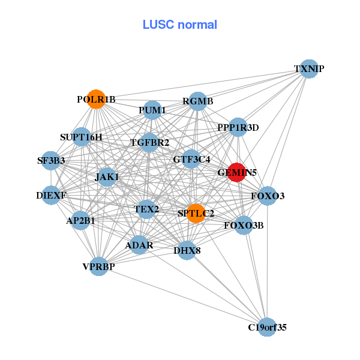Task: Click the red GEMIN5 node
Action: (236, 172)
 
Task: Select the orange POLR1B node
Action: (96, 99)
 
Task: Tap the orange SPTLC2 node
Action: (196, 213)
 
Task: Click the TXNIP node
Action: (308, 68)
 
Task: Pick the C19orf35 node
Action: (268, 327)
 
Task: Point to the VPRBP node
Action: (99, 266)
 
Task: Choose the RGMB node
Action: (198, 101)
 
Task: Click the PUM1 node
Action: (152, 110)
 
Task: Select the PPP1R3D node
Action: (238, 127)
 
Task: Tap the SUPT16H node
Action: (81, 137)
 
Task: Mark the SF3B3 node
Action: (51, 161)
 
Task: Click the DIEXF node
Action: (51, 196)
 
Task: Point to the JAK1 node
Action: (107, 177)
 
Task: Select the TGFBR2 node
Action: (150, 142)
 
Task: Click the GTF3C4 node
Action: (191, 159)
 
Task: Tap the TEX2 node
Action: (146, 209)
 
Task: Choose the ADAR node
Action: (139, 245)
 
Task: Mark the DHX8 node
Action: (187, 250)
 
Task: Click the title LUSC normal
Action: (179, 25)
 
